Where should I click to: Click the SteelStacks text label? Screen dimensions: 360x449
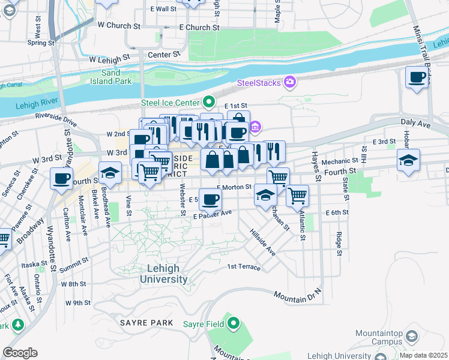tap(259, 82)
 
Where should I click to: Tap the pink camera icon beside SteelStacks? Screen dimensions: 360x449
tap(291, 82)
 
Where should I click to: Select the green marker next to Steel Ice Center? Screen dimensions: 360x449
tap(208, 102)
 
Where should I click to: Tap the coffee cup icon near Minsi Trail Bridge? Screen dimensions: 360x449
tap(417, 78)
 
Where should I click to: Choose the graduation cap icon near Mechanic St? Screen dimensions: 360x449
tap(408, 160)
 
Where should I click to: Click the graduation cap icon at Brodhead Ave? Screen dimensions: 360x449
tap(110, 174)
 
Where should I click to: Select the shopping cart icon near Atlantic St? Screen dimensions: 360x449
tap(297, 195)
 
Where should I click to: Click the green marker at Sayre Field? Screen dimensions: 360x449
tap(233, 325)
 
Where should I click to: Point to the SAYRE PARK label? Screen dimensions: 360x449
tap(146, 323)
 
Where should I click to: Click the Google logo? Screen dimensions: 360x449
tap(20, 352)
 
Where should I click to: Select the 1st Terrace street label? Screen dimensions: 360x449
tap(244, 267)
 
